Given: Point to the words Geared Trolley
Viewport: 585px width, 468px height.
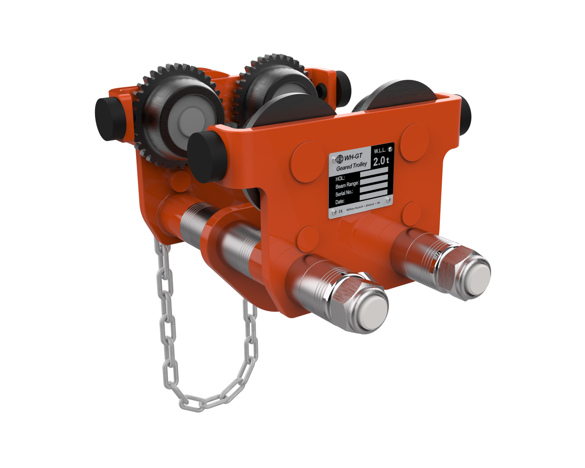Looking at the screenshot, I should (351, 167).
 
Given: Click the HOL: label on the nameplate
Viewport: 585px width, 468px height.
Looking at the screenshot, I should (341, 177).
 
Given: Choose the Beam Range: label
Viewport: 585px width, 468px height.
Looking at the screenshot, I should (347, 185).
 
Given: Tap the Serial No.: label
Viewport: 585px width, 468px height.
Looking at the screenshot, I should (346, 193).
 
